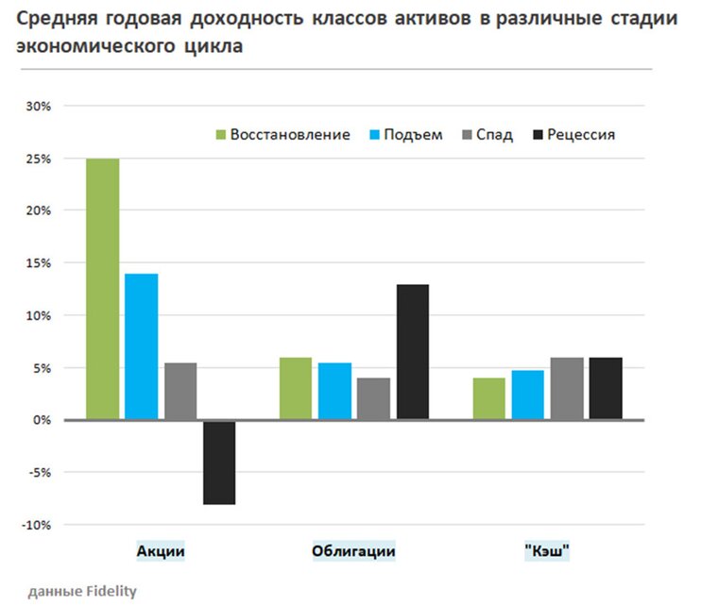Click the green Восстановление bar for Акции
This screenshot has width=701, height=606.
coord(103,289)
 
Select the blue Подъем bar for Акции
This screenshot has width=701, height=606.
coord(142,346)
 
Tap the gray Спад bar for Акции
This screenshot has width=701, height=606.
coord(180,391)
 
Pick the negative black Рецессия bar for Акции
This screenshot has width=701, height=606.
coord(218,463)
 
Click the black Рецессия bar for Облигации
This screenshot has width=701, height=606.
coord(412,351)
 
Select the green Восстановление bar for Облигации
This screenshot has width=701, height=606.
coord(297,388)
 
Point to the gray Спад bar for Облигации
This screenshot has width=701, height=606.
coord(373,398)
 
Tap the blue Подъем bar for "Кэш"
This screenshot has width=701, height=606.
coord(528,395)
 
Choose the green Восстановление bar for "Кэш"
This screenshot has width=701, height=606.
coord(489,398)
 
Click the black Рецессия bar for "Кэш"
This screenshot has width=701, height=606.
coord(606,388)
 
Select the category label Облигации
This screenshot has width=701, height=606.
coord(353,551)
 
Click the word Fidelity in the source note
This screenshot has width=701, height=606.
coord(110,592)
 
